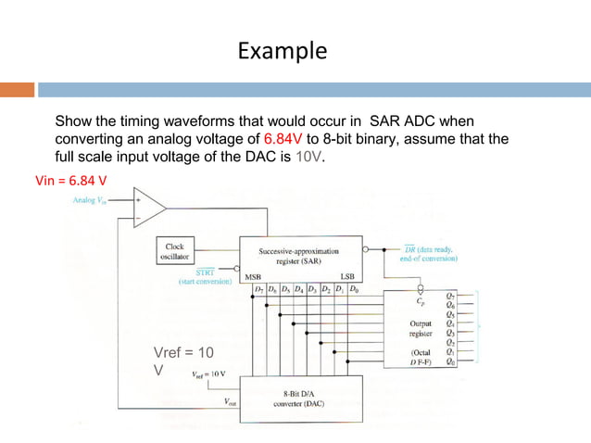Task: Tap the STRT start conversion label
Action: (x=206, y=272)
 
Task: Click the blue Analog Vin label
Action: (x=90, y=200)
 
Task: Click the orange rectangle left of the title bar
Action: (x=18, y=90)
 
